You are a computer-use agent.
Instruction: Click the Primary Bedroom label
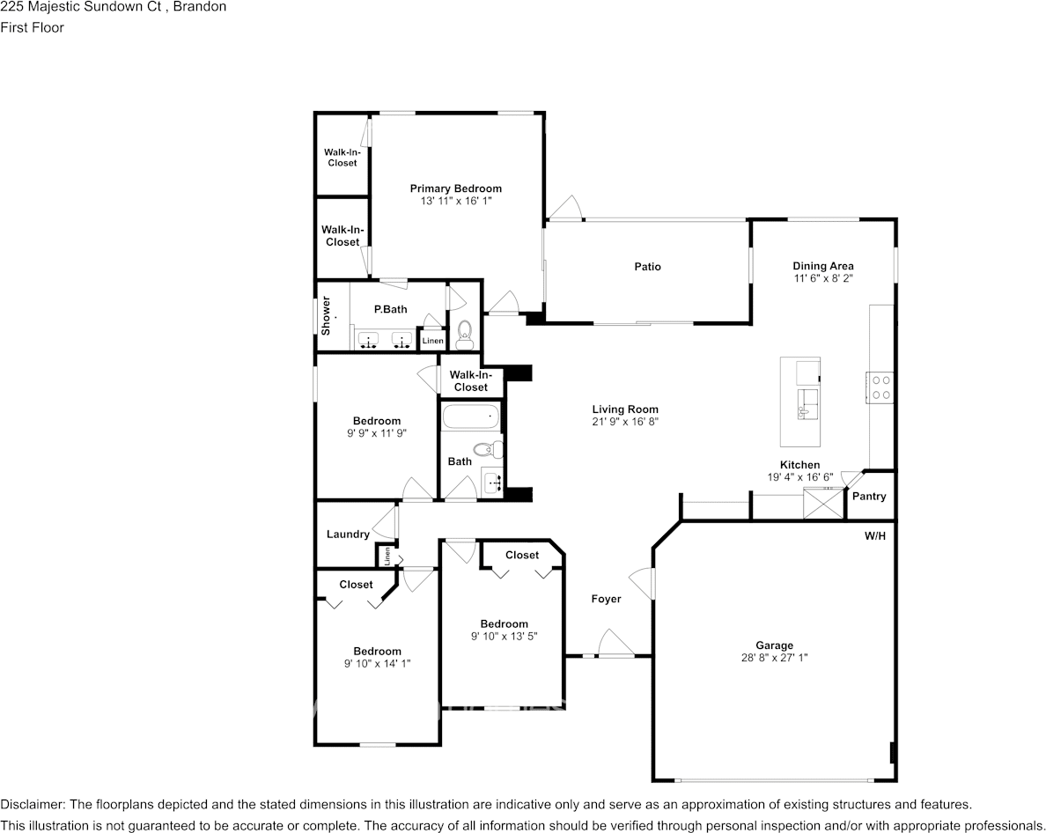tap(455, 188)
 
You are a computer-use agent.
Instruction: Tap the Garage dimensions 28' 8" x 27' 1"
tap(774, 658)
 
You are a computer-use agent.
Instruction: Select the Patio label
tap(647, 267)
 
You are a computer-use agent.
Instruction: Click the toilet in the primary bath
tap(465, 333)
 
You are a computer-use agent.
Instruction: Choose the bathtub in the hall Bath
tap(470, 416)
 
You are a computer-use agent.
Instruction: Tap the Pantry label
tap(869, 497)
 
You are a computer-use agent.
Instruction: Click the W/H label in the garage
tap(875, 535)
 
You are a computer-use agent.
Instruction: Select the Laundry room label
tap(348, 534)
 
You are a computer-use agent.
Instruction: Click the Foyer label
tap(606, 599)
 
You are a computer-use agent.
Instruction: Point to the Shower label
tap(326, 316)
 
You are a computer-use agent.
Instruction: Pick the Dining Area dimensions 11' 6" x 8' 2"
tap(823, 278)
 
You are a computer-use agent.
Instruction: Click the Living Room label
tap(625, 409)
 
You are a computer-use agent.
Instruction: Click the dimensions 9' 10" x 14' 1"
tap(378, 664)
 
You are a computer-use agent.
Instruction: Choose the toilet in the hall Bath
tap(491, 449)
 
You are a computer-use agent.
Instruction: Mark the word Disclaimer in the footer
tap(32, 804)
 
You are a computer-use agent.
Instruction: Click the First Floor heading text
tap(32, 27)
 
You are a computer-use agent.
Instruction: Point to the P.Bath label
tap(390, 309)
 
